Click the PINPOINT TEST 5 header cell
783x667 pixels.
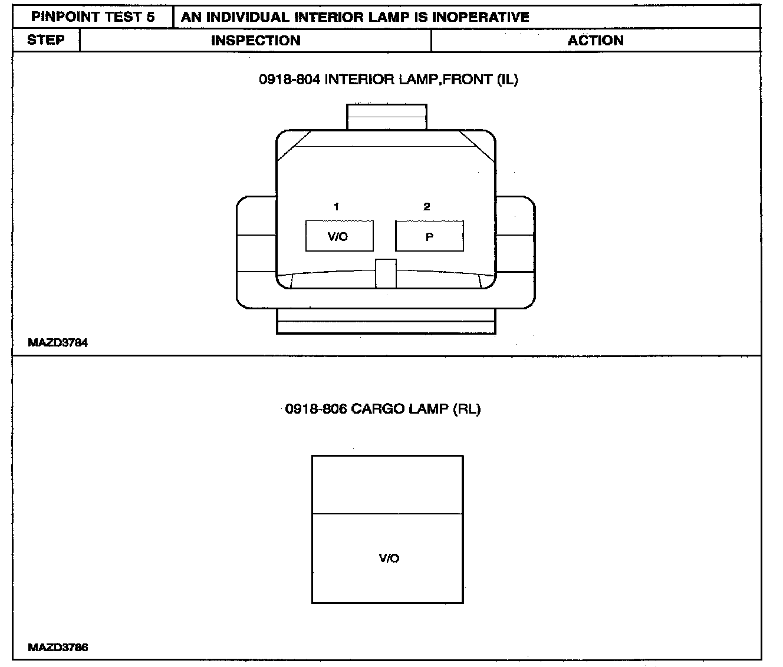coord(93,17)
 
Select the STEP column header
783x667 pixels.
coord(46,40)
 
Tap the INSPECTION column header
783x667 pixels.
coord(255,41)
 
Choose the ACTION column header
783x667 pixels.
coord(596,41)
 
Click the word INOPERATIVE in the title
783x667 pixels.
coord(481,17)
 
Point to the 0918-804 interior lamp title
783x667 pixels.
coord(389,80)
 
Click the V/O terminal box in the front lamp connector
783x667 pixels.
coord(339,236)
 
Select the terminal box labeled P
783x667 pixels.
coord(429,236)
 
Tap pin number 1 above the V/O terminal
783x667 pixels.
coord(336,207)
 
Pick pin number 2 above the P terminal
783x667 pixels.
coord(427,207)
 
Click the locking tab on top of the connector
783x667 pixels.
coord(386,117)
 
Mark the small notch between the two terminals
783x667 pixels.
coord(386,273)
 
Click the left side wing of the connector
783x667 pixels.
coord(256,252)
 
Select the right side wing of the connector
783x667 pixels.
coord(516,252)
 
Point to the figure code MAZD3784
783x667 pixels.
coord(58,343)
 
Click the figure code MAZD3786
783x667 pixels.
coord(58,648)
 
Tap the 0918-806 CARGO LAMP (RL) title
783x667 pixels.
coord(383,409)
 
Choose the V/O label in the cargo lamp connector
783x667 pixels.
coord(389,558)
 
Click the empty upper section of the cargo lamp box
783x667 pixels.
coord(387,484)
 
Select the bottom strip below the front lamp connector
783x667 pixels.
coord(386,327)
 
